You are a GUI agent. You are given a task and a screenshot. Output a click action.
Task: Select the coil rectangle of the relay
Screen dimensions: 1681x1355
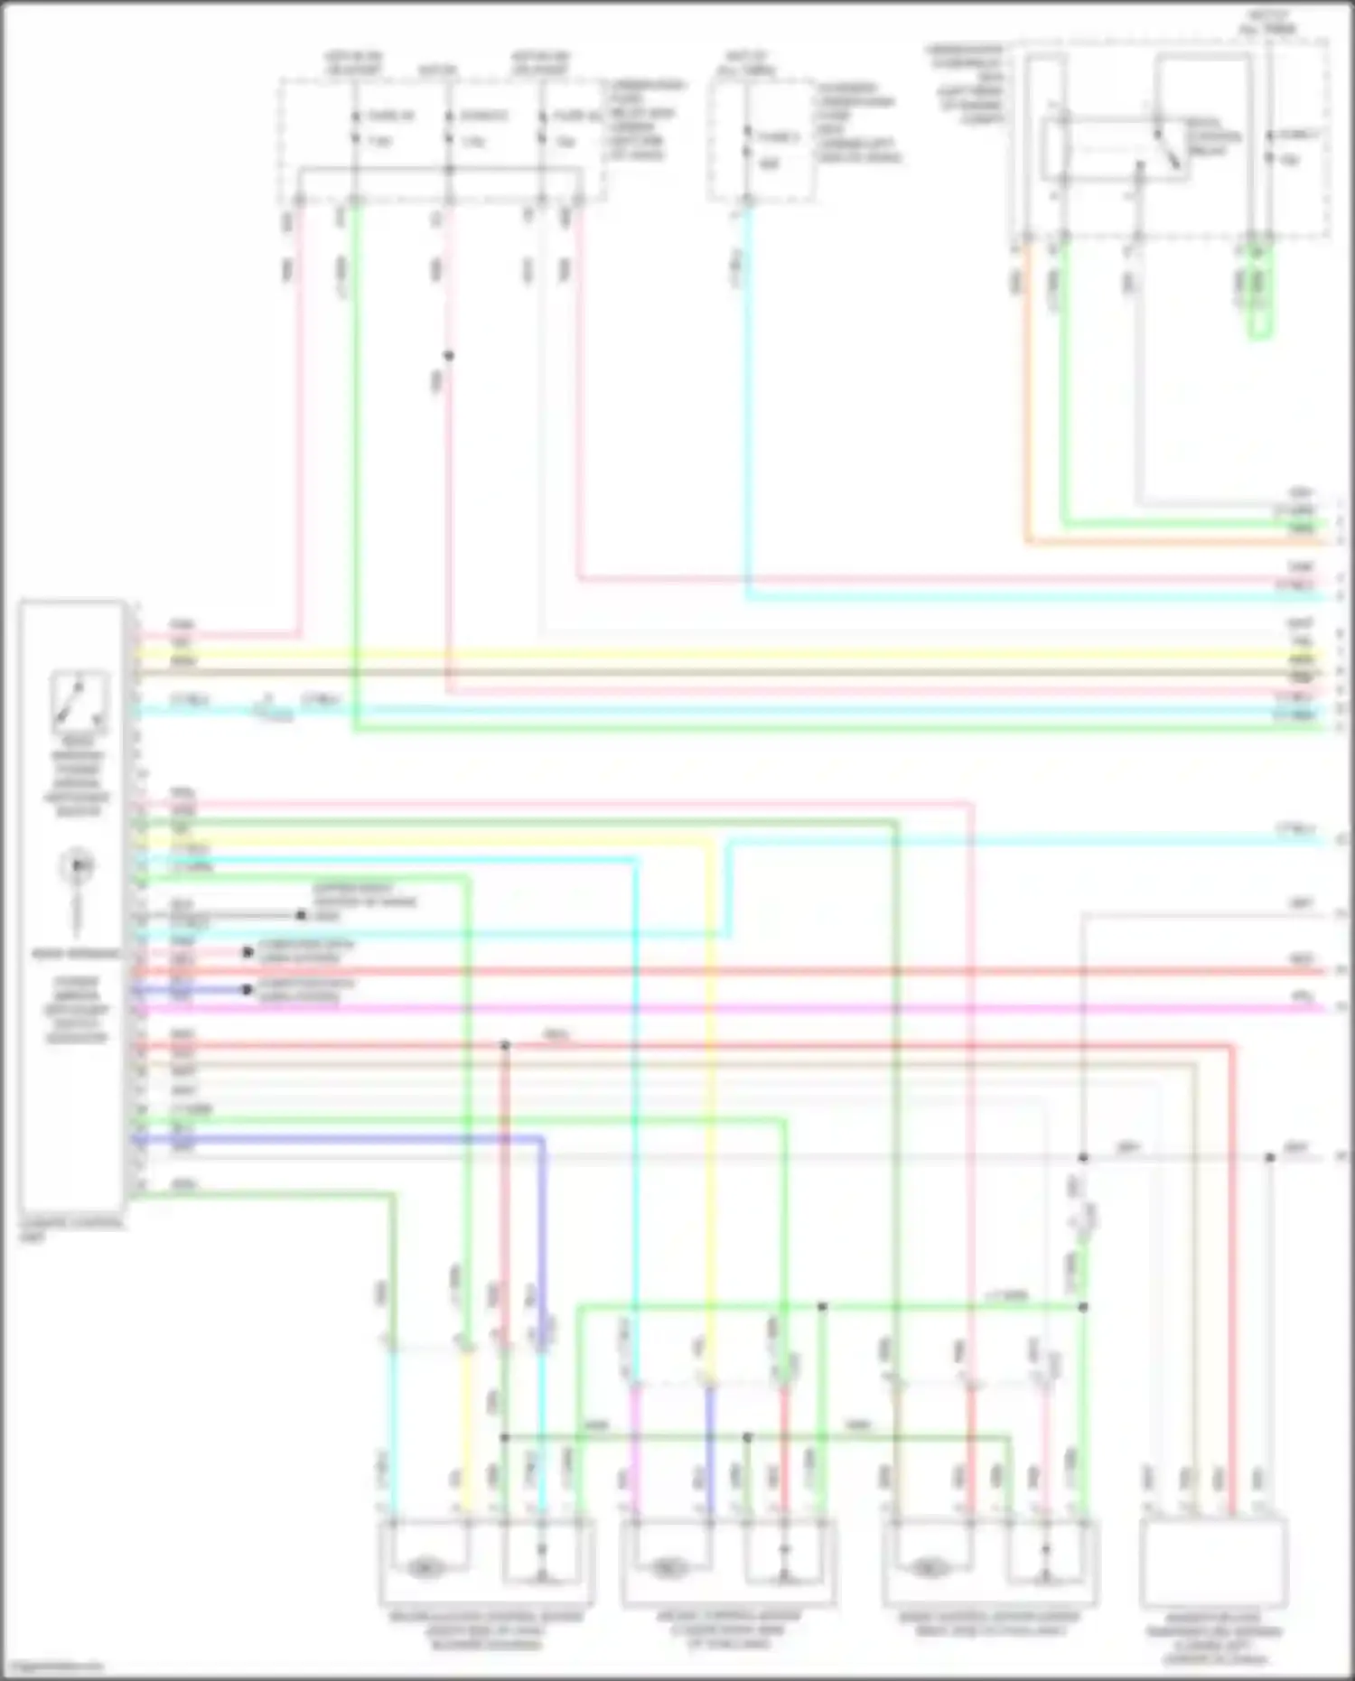pyautogui.click(x=1053, y=149)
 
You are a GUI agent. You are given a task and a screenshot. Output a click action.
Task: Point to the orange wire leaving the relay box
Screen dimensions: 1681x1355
pyautogui.click(x=1028, y=406)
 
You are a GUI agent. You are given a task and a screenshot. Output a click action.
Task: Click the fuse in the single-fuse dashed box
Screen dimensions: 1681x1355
pyautogui.click(x=747, y=143)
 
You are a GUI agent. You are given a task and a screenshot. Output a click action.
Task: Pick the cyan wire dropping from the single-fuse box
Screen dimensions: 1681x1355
pyautogui.click(x=748, y=406)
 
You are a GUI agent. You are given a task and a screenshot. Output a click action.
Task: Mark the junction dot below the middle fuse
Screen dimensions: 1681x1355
pyautogui.click(x=448, y=356)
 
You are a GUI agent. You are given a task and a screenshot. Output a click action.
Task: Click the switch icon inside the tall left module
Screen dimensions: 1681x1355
pyautogui.click(x=79, y=700)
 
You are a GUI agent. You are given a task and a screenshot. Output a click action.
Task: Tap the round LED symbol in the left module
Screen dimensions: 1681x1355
pyautogui.click(x=78, y=866)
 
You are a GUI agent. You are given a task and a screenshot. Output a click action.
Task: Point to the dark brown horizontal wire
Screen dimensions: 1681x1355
pyautogui.click(x=723, y=673)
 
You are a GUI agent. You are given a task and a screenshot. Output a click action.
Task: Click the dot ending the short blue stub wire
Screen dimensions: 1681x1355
pyautogui.click(x=247, y=990)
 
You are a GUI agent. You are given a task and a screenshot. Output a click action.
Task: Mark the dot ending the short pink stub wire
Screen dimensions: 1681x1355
pyautogui.click(x=247, y=952)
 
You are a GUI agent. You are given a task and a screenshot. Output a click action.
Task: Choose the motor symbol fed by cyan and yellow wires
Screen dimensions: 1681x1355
pyautogui.click(x=425, y=1568)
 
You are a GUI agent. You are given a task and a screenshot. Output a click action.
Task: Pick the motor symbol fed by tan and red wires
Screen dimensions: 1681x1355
pyautogui.click(x=929, y=1568)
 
